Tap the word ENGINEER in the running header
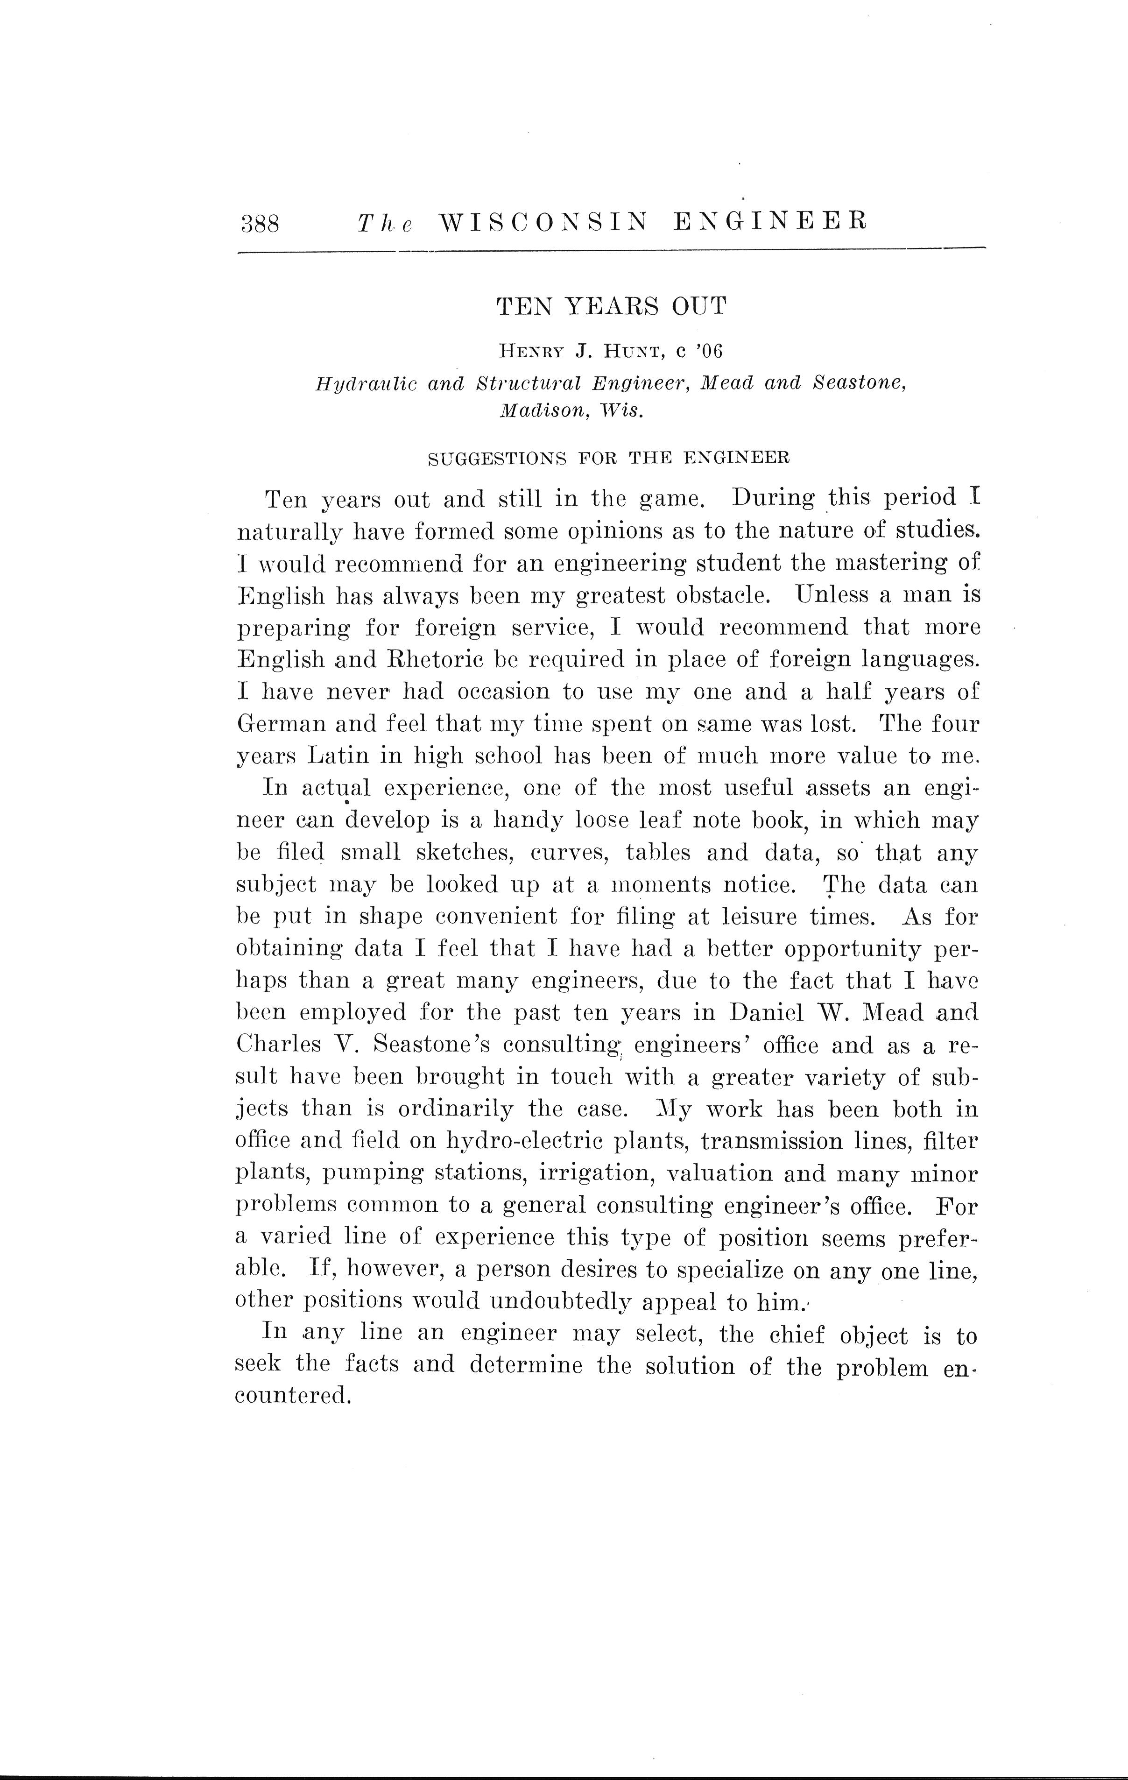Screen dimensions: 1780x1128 click(x=770, y=221)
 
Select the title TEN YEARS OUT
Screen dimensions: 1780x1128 click(x=611, y=306)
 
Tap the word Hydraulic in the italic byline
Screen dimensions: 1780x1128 click(x=365, y=384)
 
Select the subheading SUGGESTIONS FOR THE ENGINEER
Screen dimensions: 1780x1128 click(x=609, y=458)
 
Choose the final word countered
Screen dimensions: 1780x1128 click(x=291, y=1396)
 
